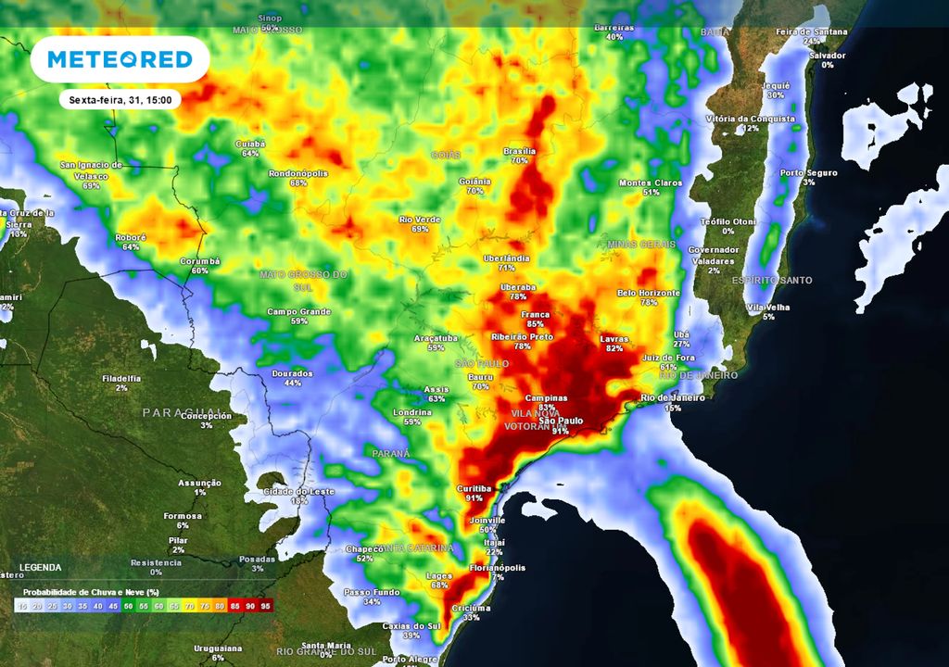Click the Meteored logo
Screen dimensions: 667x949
click(x=120, y=59)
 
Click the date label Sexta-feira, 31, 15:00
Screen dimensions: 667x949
click(x=120, y=99)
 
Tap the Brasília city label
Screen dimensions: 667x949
click(x=519, y=151)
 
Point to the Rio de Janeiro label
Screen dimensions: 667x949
click(x=674, y=398)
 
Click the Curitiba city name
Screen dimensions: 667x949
click(x=474, y=488)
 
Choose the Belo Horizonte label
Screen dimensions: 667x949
click(x=649, y=294)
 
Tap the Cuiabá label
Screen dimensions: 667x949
click(x=250, y=144)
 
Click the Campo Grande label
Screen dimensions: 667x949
click(x=299, y=312)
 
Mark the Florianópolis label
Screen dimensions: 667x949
click(x=498, y=568)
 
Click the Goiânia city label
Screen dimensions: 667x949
click(x=474, y=181)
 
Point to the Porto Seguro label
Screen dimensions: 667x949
click(x=808, y=173)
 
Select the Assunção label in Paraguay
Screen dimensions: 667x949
click(x=199, y=483)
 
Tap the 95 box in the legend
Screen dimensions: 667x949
click(x=267, y=606)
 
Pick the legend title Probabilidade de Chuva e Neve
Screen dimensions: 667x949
click(x=89, y=592)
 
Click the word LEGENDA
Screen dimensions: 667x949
click(x=41, y=567)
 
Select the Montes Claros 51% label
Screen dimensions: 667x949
click(x=651, y=183)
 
